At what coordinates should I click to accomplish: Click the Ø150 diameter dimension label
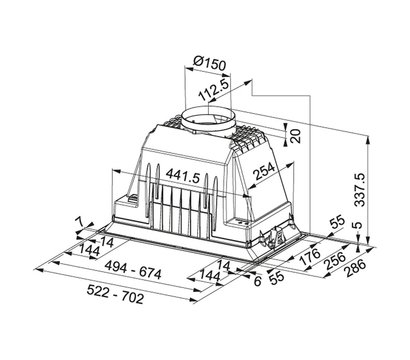pos(209,62)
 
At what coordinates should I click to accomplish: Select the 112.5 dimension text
pos(214,91)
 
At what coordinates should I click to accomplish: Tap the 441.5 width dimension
pos(183,175)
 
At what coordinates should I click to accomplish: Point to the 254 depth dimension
pos(264,171)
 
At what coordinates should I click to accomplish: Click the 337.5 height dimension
pos(360,190)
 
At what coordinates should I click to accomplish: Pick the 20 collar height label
pos(295,136)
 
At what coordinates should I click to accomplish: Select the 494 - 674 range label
pos(133,270)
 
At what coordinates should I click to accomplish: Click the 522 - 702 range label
pos(115,294)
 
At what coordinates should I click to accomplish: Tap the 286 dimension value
pos(355,268)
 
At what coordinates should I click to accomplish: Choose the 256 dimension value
pos(334,261)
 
